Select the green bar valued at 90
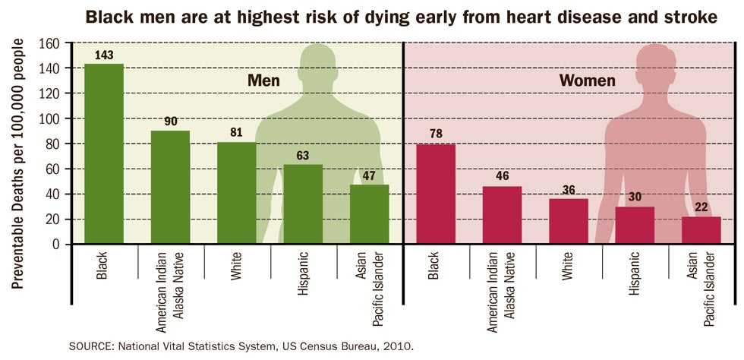point(170,187)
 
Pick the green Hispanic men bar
point(303,204)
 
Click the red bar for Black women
point(436,194)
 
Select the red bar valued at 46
point(502,215)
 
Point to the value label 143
point(104,55)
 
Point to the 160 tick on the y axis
point(49,43)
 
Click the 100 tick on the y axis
point(49,118)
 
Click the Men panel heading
point(264,80)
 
